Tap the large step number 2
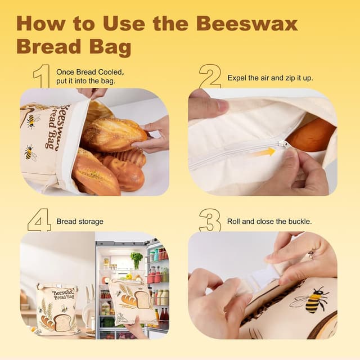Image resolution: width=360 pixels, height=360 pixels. [x=210, y=76]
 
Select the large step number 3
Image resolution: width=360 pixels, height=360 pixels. [x=210, y=220]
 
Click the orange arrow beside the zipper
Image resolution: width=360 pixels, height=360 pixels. [x=262, y=152]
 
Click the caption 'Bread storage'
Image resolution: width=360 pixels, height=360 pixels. [x=80, y=222]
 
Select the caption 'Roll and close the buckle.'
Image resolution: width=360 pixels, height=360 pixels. [x=269, y=222]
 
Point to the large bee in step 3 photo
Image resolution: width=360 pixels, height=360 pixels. [x=317, y=300]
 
